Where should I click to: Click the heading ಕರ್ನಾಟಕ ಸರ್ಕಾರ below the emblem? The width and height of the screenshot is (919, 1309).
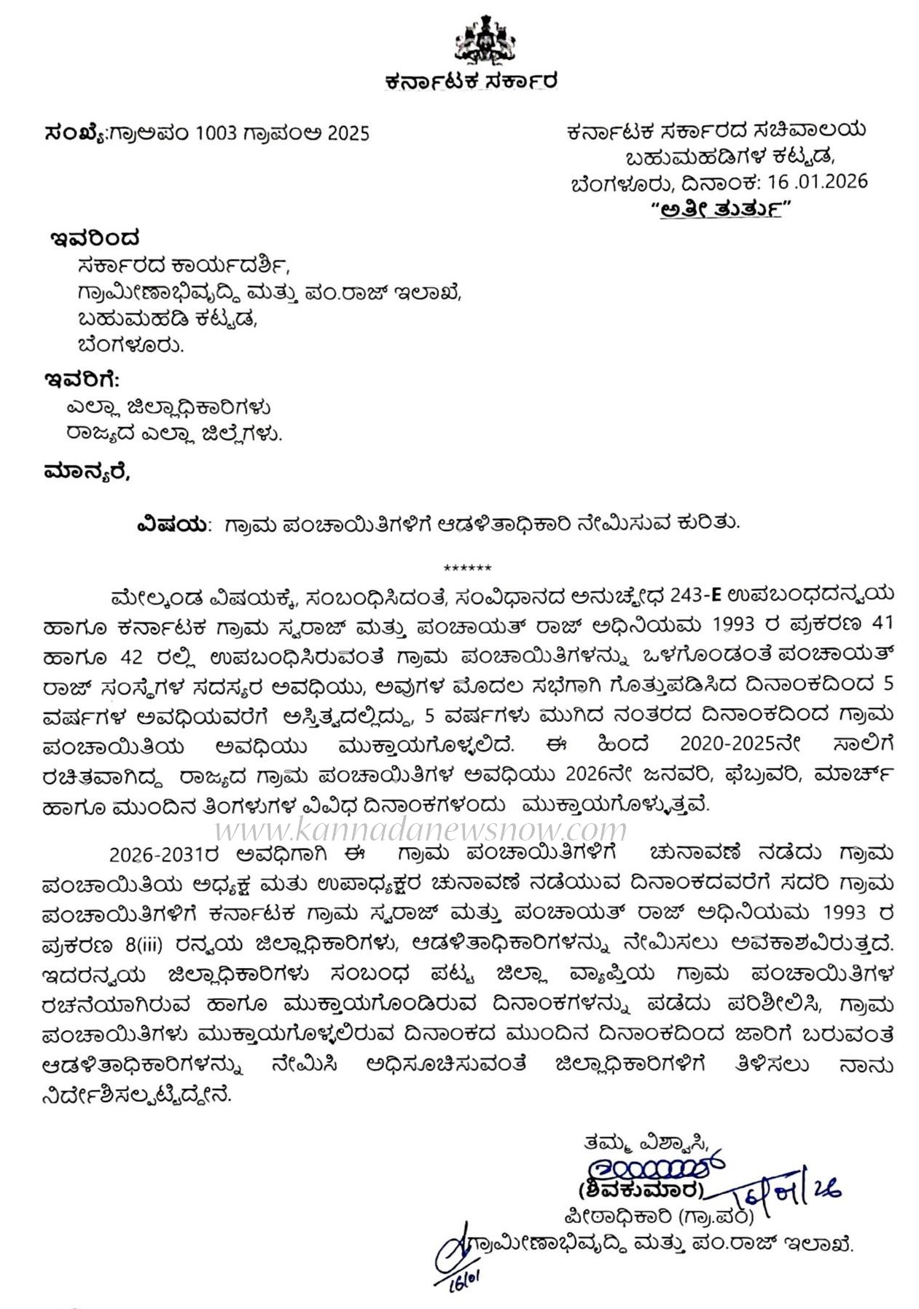(471, 81)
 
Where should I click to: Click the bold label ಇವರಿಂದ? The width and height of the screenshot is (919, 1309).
(95, 238)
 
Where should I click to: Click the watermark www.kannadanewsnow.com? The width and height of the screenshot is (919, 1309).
(421, 829)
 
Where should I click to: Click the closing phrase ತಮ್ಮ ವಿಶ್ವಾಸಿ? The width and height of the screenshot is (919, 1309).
(645, 1143)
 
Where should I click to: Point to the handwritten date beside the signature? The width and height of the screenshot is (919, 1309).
(786, 1192)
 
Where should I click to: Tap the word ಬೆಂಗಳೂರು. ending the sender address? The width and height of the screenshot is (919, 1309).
(130, 345)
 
